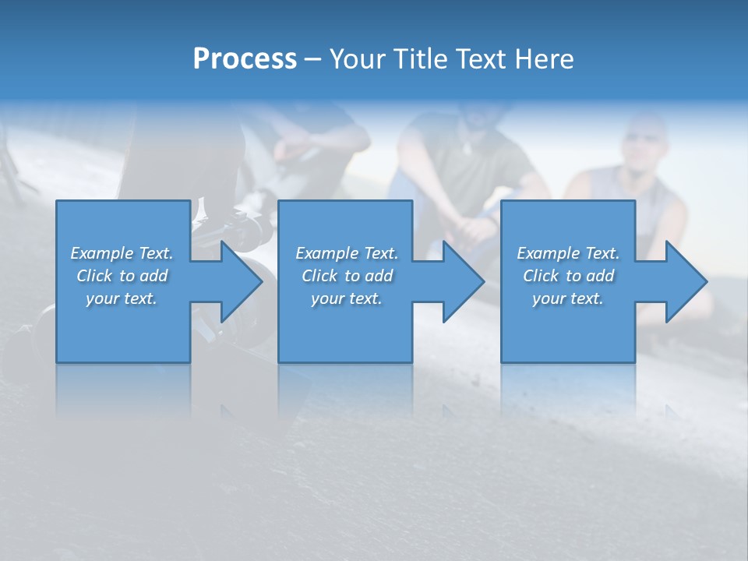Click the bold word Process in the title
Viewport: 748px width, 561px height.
(245, 59)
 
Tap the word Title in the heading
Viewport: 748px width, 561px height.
(421, 59)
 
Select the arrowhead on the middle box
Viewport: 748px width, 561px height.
(462, 281)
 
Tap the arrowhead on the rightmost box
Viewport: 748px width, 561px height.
(685, 281)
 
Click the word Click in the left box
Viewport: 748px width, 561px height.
(94, 276)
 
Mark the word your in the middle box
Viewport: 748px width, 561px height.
(328, 298)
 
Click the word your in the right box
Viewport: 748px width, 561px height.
(549, 298)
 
